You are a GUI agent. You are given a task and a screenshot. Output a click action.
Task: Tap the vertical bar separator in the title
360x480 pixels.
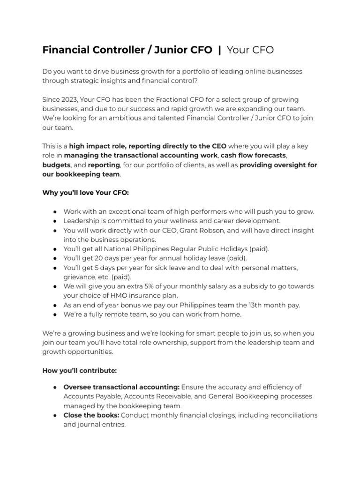219,50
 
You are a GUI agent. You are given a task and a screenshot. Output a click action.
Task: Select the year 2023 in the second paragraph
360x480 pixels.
69,100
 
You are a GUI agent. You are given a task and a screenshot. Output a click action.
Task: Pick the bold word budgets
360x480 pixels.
57,165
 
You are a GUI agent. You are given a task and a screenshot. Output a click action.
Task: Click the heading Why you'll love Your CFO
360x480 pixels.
85,193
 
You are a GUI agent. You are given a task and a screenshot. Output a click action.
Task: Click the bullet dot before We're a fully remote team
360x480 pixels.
55,314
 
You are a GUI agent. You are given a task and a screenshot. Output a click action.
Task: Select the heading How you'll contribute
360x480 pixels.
79,370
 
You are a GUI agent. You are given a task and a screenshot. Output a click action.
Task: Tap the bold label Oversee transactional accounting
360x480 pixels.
121,387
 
